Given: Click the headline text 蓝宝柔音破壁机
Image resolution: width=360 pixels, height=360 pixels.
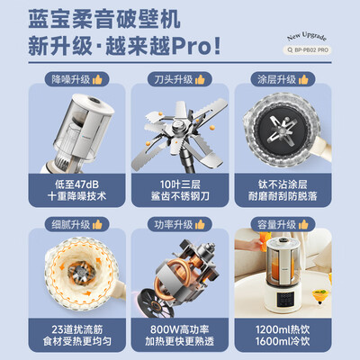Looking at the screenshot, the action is [x=104, y=19].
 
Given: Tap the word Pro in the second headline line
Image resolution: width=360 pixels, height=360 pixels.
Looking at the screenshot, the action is [x=191, y=47].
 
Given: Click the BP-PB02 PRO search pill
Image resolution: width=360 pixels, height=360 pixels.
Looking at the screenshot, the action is [x=307, y=49].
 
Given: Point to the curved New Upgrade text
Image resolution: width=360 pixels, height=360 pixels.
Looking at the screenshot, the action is [x=307, y=37].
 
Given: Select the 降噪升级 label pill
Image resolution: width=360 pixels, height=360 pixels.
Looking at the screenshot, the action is [x=76, y=79].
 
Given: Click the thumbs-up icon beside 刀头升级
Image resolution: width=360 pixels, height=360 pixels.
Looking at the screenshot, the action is [x=200, y=79].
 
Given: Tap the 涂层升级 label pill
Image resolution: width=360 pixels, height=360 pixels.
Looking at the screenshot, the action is [x=283, y=79].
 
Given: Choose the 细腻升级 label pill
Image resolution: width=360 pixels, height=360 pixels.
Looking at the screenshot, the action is [x=76, y=224].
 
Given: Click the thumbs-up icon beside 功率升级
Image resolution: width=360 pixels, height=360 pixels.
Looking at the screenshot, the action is [x=200, y=224].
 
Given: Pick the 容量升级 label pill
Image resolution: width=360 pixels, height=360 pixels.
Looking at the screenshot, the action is [x=283, y=224].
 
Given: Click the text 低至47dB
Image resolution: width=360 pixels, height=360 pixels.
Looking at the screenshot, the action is [x=76, y=184].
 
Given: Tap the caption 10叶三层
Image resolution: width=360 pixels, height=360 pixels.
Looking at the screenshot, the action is [x=180, y=184].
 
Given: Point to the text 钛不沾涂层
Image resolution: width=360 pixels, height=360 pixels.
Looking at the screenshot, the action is [x=283, y=184].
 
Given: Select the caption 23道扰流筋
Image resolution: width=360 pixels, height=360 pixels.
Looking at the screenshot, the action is [x=77, y=329].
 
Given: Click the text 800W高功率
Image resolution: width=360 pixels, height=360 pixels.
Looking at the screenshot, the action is [x=180, y=329].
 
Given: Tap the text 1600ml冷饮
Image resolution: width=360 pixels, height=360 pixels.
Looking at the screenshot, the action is [x=283, y=341].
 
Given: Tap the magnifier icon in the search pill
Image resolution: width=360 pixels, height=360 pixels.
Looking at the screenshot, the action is [x=290, y=50].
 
